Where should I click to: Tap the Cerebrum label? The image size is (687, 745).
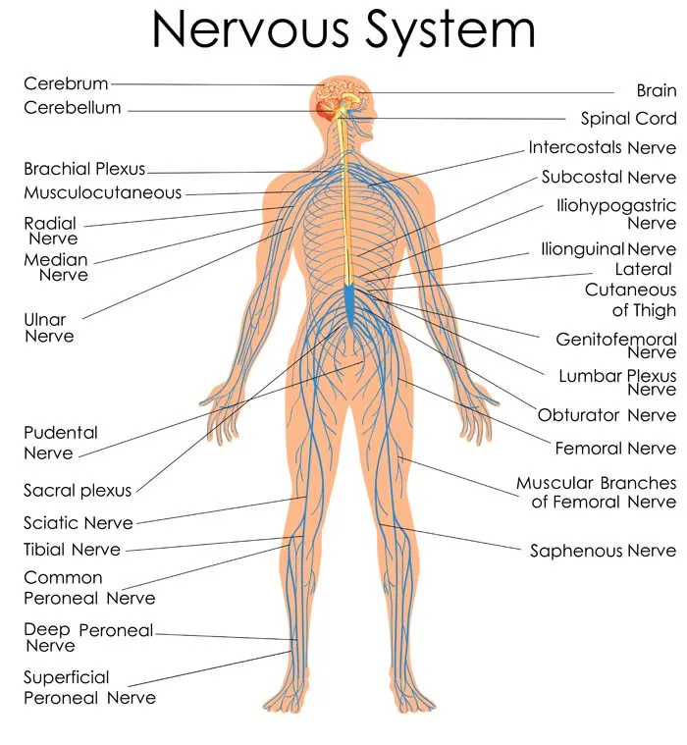[66, 84]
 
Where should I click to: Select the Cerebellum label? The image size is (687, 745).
[73, 108]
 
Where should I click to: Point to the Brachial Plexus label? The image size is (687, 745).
[84, 169]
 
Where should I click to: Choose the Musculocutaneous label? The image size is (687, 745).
[103, 192]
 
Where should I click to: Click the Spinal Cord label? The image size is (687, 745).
[628, 119]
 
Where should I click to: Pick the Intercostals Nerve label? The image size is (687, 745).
[602, 148]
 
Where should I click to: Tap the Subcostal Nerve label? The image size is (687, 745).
[608, 178]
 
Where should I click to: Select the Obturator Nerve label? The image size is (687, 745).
[607, 415]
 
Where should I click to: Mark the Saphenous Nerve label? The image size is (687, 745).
[603, 552]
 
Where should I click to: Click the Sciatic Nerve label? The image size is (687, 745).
[79, 523]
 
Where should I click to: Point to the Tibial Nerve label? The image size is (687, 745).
[73, 550]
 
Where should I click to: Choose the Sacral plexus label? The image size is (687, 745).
[78, 491]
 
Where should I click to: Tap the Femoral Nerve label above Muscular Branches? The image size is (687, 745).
[615, 449]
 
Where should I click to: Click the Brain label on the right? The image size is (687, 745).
[657, 90]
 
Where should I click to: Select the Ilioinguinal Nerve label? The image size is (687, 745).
[608, 249]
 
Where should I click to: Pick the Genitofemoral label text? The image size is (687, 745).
[616, 340]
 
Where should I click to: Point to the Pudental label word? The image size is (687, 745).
[61, 433]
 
